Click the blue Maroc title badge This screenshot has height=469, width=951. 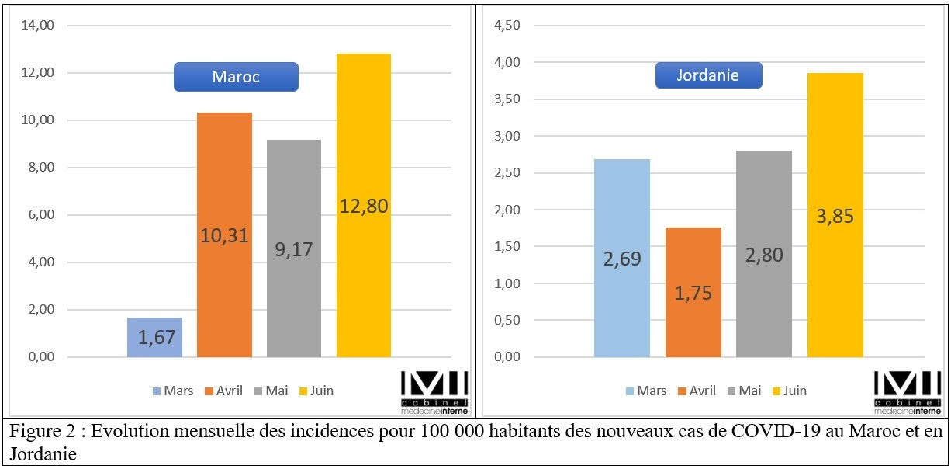[x=235, y=77]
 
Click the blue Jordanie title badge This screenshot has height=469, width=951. [x=707, y=75]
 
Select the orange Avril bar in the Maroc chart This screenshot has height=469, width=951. [x=224, y=179]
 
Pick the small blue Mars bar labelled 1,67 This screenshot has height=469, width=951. [x=155, y=337]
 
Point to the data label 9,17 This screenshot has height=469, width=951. [x=294, y=251]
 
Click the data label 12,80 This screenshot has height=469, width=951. [x=364, y=207]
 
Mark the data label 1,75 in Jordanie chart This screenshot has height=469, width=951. [x=693, y=294]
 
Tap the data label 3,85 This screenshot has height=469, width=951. [x=835, y=216]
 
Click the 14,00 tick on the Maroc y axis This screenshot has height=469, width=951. [x=38, y=26]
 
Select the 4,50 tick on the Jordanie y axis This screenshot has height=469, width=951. [x=508, y=26]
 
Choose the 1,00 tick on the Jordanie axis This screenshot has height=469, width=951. [x=508, y=283]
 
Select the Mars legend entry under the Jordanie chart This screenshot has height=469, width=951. [x=645, y=391]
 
